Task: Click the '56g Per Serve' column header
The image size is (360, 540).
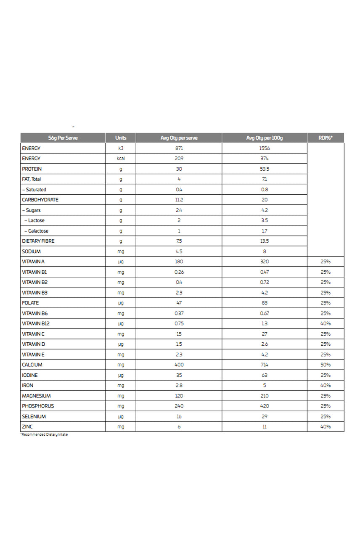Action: tap(63, 138)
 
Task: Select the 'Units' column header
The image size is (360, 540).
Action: tap(121, 138)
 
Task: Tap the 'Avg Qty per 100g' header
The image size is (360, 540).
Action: tap(265, 138)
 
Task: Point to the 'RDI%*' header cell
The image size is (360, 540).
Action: tap(326, 138)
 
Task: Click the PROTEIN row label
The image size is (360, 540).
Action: tap(32, 169)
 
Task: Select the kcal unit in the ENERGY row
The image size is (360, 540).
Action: tap(121, 159)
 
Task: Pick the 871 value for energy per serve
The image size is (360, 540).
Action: tap(179, 148)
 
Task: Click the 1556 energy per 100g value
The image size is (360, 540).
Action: tap(265, 148)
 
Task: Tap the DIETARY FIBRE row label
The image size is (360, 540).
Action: tap(38, 241)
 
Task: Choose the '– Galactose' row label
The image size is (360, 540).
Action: tap(37, 231)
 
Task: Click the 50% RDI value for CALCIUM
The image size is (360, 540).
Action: tap(326, 365)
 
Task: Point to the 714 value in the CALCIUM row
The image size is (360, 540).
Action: tap(265, 365)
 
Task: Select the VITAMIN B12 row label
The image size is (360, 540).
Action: tap(36, 324)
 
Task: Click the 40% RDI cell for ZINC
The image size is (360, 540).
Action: tap(326, 427)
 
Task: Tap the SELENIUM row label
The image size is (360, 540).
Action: tap(34, 416)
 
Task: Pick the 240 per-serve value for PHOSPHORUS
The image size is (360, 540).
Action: tap(179, 406)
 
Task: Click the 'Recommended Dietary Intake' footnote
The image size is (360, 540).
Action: tap(44, 435)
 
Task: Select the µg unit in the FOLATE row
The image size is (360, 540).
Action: tap(121, 303)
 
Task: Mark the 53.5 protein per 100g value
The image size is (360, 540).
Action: tap(265, 169)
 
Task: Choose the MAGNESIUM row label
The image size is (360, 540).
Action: tap(36, 396)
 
